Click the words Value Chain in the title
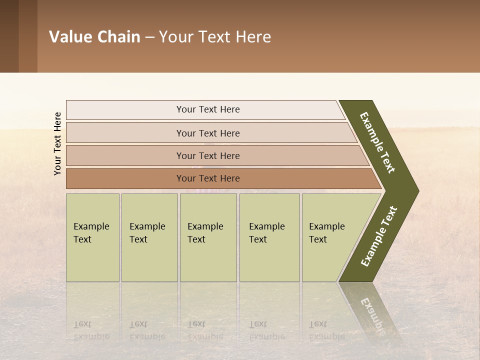[x=94, y=37]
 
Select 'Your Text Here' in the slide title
[x=215, y=37]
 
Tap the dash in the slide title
[x=149, y=37]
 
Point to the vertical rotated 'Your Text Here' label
[x=57, y=143]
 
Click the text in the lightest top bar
[x=208, y=109]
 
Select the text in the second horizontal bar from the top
[x=208, y=133]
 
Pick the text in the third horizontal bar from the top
[x=208, y=156]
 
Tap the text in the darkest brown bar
[x=208, y=178]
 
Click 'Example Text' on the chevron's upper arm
[x=377, y=142]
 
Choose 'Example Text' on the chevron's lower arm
[x=378, y=236]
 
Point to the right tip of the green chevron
[x=417, y=190]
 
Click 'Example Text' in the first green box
[x=91, y=233]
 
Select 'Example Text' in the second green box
[x=147, y=233]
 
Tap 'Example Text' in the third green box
[x=205, y=233]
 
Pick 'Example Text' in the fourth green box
[x=266, y=233]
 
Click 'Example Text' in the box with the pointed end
[x=326, y=233]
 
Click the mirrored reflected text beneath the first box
[x=91, y=330]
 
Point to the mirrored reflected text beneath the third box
[x=205, y=330]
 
